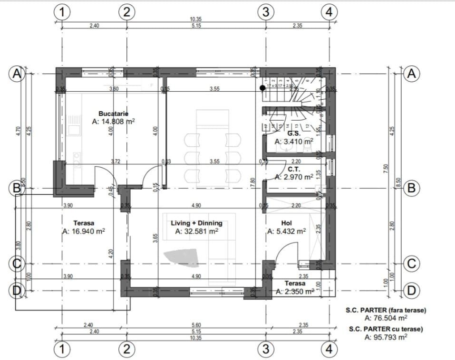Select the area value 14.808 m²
click(114, 122)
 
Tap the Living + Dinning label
click(196, 223)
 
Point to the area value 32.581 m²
click(196, 232)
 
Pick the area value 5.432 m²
click(287, 232)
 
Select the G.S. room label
click(294, 133)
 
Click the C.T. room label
click(294, 169)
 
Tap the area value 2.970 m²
click(294, 177)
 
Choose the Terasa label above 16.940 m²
click(84, 223)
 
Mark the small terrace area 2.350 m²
click(295, 292)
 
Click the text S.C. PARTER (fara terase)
click(386, 311)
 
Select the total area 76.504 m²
click(386, 319)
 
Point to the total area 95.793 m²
click(386, 337)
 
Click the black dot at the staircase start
click(262, 88)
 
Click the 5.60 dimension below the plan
click(196, 325)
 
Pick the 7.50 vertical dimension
click(386, 169)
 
